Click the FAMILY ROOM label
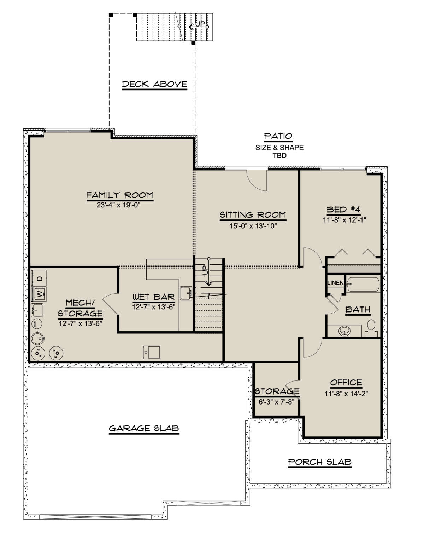pos(120,195)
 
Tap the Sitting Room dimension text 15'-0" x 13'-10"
pos(253,226)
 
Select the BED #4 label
pos(343,210)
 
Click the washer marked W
pos(39,294)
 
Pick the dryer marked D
pos(39,279)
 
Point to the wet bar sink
pos(186,293)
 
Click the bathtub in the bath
pos(363,285)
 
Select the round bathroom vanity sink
pos(344,331)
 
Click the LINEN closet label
pos(335,283)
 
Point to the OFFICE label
pos(346,383)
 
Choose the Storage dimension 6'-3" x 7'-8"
pos(277,402)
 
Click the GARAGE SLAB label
pos(144,428)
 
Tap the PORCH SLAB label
pos(320,462)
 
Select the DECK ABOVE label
pos(154,84)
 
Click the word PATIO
pos(278,136)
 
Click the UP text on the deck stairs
pos(200,24)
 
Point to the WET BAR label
pos(154,297)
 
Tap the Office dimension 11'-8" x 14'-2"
pos(346,394)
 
